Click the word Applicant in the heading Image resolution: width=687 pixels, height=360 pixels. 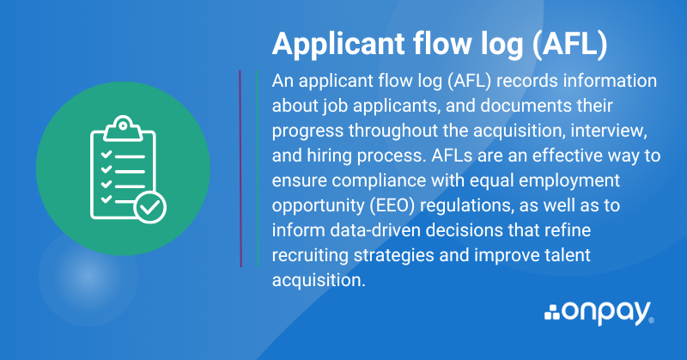pos(338,45)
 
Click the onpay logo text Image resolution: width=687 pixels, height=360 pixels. pos(608,314)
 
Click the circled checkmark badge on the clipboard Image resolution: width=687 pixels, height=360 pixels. pos(150,207)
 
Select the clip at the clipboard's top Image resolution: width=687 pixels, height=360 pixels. pos(123,128)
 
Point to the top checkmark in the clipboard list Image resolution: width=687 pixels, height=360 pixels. pos(106,155)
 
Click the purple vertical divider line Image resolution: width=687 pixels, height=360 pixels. pos(240,168)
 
